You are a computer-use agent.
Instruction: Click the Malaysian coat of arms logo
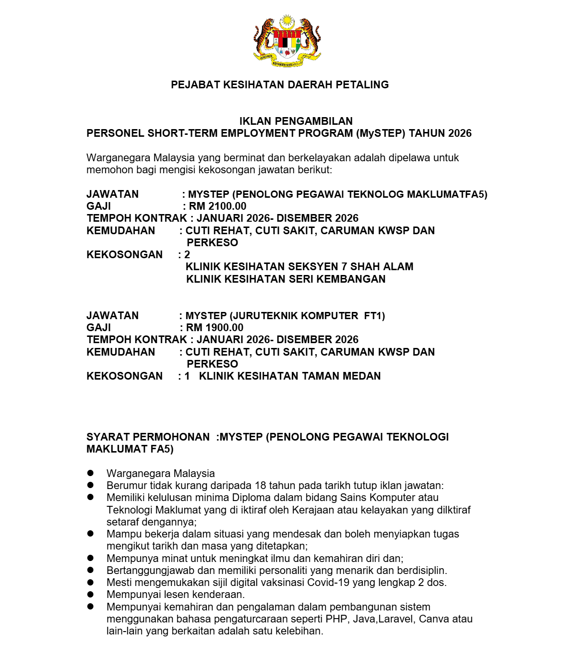[287, 41]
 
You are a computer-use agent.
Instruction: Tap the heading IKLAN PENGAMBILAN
[296, 121]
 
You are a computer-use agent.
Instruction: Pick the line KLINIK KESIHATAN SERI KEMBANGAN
[286, 279]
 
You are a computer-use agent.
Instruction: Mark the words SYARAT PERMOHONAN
[148, 437]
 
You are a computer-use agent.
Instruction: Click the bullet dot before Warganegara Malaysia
[90, 473]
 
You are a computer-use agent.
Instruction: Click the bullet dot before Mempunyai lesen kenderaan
[90, 594]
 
